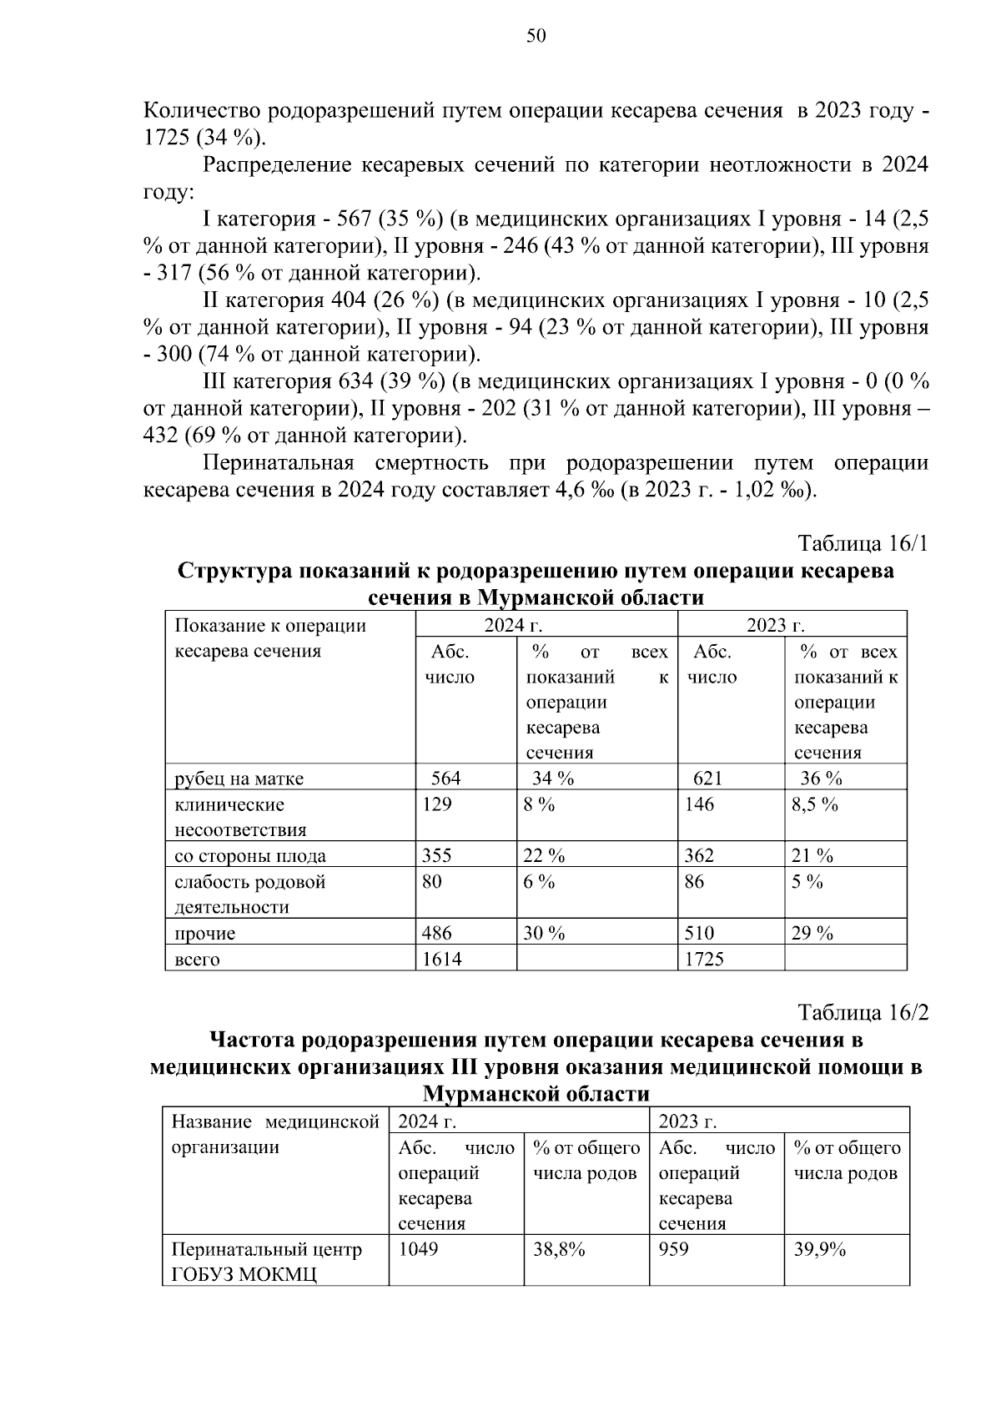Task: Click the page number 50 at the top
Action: click(536, 35)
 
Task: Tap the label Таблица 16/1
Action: click(863, 544)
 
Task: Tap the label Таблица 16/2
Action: click(863, 1013)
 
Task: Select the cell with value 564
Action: click(445, 779)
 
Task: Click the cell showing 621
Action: click(707, 779)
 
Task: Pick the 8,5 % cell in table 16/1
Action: click(814, 804)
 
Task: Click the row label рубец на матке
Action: click(239, 779)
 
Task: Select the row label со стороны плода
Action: click(249, 856)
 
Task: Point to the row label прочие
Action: click(205, 934)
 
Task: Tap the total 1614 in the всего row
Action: click(441, 960)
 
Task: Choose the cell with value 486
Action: click(437, 934)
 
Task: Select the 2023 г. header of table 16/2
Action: click(687, 1121)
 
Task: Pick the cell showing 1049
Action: click(418, 1249)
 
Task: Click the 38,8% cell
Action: click(559, 1249)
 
